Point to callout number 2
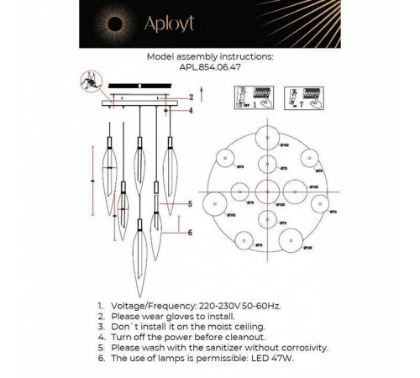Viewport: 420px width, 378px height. pyautogui.click(x=191, y=97)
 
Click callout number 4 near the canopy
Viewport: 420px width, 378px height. pyautogui.click(x=191, y=110)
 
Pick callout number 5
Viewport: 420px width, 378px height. pyautogui.click(x=191, y=204)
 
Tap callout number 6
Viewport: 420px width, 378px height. pyautogui.click(x=191, y=232)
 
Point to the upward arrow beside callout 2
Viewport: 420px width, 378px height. pyautogui.click(x=176, y=98)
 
